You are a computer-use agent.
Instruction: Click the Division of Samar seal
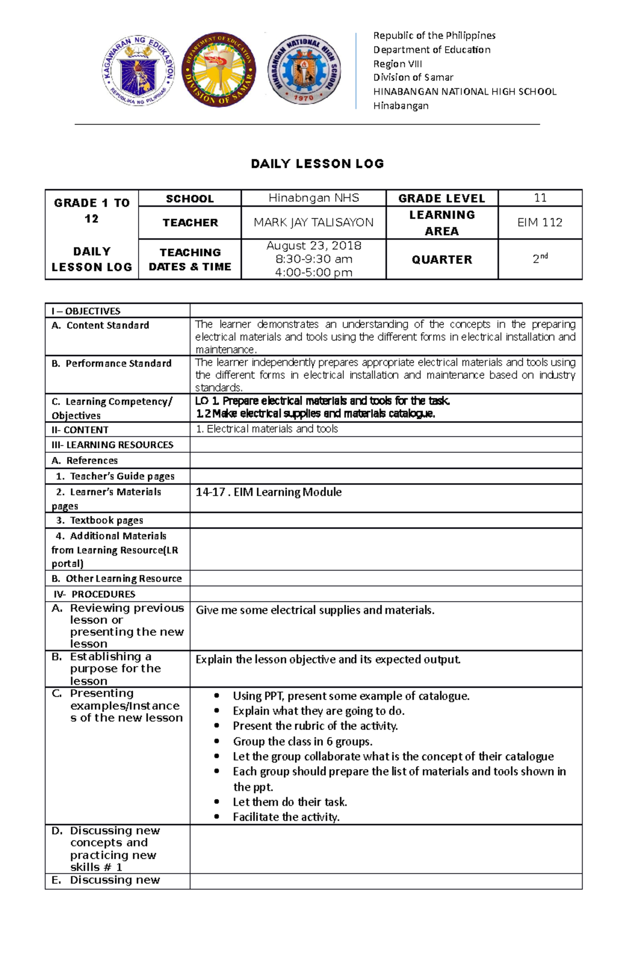pyautogui.click(x=219, y=70)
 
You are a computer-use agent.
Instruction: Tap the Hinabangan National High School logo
pyautogui.click(x=304, y=70)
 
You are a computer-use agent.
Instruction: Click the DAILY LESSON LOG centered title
pyautogui.click(x=317, y=164)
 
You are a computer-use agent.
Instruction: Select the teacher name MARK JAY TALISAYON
pyautogui.click(x=313, y=223)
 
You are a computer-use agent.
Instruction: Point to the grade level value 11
pyautogui.click(x=540, y=198)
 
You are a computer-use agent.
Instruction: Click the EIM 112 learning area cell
pyautogui.click(x=540, y=223)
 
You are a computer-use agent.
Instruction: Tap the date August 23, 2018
pyautogui.click(x=314, y=246)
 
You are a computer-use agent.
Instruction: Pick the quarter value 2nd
pyautogui.click(x=540, y=259)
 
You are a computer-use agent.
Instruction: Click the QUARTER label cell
pyautogui.click(x=442, y=260)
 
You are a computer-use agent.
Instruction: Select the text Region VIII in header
pyautogui.click(x=397, y=63)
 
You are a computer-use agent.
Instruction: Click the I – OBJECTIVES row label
pyautogui.click(x=86, y=311)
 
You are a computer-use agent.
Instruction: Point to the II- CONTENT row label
pyautogui.click(x=80, y=430)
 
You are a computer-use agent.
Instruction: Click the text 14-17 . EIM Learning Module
pyautogui.click(x=268, y=492)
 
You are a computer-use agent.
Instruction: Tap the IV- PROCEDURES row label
pyautogui.click(x=94, y=594)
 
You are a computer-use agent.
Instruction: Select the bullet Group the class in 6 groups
pyautogui.click(x=302, y=741)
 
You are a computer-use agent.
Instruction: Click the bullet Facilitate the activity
pyautogui.click(x=286, y=817)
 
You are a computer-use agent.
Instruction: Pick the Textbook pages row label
pyautogui.click(x=106, y=520)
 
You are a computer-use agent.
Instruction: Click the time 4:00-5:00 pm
pyautogui.click(x=314, y=273)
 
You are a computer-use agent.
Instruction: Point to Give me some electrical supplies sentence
pyautogui.click(x=315, y=610)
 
